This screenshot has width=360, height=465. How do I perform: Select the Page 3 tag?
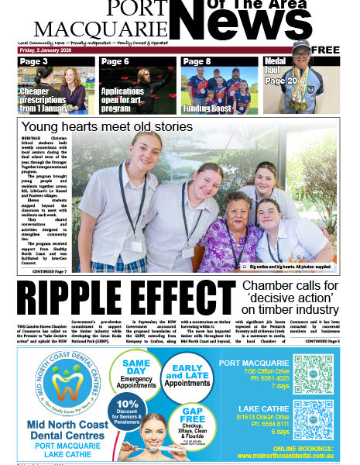pos(33,61)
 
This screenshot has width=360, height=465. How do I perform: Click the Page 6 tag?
pos(115,61)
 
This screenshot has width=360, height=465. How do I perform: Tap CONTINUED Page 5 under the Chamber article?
pos(321,340)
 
